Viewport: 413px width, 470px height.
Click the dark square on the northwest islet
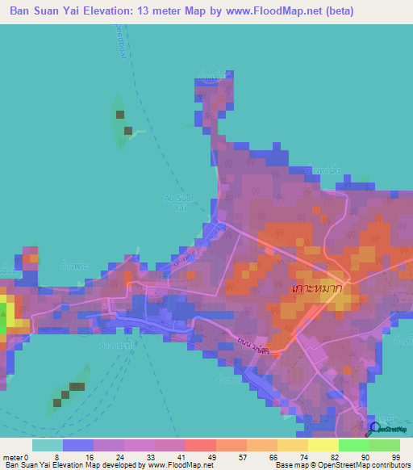pyautogui.click(x=120, y=115)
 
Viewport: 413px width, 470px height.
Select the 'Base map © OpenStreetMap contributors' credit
pyautogui.click(x=339, y=464)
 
